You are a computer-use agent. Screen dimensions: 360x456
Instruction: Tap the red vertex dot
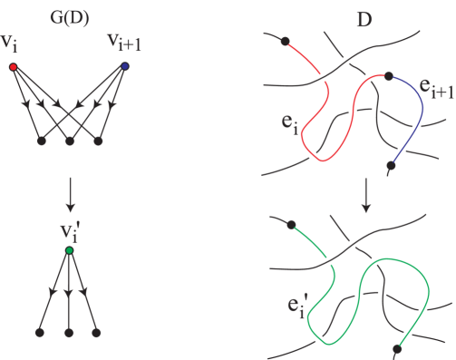[x=13, y=66]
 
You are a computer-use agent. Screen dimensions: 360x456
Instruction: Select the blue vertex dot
[x=124, y=66]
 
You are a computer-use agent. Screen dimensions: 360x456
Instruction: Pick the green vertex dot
[x=69, y=251]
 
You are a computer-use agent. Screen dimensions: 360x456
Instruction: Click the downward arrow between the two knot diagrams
[x=365, y=194]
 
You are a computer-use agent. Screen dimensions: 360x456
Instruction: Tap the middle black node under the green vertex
[x=69, y=333]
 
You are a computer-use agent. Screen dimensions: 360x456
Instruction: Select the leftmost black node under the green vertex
[x=39, y=333]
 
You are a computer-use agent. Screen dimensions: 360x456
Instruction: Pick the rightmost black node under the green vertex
[x=98, y=333]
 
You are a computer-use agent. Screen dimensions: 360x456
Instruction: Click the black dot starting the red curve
[x=285, y=41]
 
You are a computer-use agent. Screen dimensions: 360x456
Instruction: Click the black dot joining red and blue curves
[x=388, y=76]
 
